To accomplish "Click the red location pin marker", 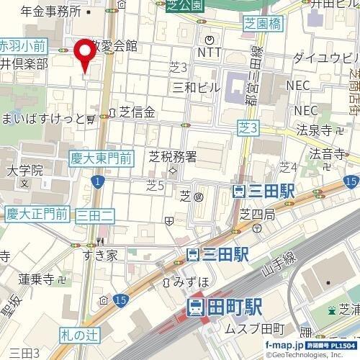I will [86, 53].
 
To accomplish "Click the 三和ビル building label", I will [197, 86].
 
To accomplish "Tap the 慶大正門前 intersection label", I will [37, 213].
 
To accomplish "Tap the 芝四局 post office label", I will [257, 214].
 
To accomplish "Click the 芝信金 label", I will [138, 112].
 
